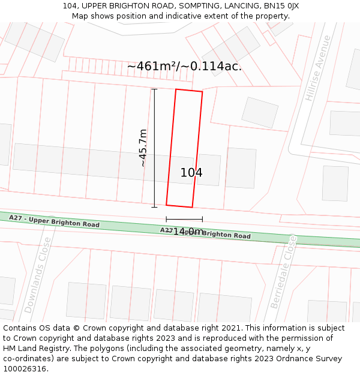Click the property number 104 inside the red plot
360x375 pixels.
191,173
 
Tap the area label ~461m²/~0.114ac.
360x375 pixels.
184,67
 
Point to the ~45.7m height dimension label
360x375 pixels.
143,148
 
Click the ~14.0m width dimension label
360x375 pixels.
185,231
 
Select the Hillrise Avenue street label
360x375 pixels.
318,68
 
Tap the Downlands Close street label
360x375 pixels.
38,275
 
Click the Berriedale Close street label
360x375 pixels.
283,271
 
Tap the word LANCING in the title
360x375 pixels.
240,6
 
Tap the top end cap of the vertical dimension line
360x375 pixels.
154,89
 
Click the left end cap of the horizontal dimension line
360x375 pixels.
166,219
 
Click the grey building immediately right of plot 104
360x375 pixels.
241,167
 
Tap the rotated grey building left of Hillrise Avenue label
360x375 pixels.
260,112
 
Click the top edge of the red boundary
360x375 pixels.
188,91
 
